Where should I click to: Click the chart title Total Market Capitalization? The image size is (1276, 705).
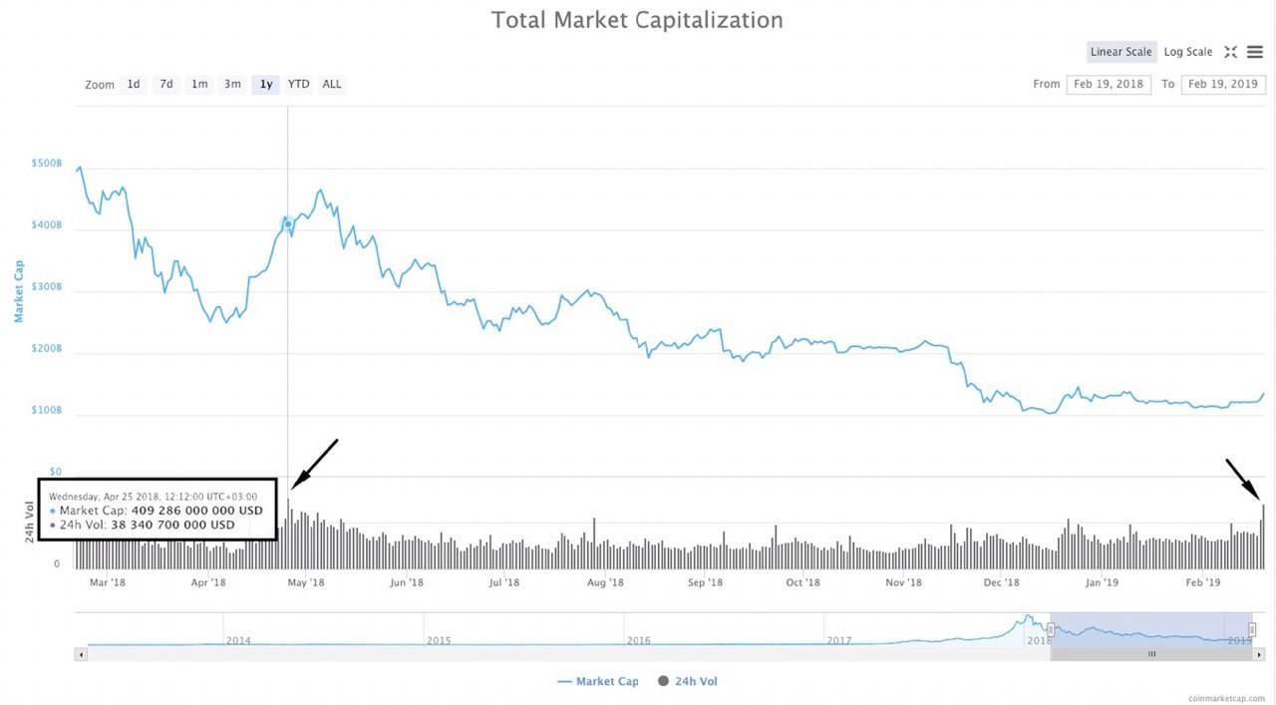pos(637,20)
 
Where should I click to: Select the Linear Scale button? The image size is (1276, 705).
pos(1120,52)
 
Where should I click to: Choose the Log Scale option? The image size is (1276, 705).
pos(1188,52)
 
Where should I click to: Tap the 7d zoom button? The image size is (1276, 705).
pos(166,84)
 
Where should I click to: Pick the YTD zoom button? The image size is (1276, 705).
pos(298,84)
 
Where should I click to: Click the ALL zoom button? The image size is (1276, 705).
pos(332,84)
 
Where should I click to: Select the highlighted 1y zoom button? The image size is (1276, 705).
pos(266,84)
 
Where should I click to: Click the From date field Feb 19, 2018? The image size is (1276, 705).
pos(1108,84)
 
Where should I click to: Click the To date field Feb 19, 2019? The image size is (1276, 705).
pos(1222,84)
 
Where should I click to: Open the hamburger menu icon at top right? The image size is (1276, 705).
pos(1255,52)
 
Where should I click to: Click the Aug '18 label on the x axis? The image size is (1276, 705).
pos(605,583)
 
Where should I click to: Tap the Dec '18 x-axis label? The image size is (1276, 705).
pos(1002,583)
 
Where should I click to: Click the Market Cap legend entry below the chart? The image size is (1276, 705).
pos(598,681)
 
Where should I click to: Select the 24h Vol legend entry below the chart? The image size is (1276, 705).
pos(688,681)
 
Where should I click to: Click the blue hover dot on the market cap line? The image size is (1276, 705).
pos(288,223)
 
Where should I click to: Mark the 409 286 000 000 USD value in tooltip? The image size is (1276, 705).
pos(197,511)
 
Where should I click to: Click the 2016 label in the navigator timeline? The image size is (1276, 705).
pos(638,640)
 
